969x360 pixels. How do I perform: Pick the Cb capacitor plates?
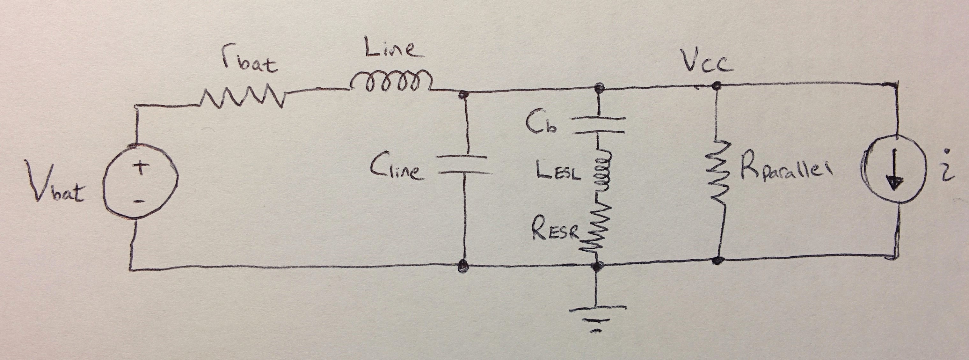tap(598, 125)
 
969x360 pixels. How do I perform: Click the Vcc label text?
tap(707, 62)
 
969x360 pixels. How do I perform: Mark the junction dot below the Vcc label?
tap(716, 86)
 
